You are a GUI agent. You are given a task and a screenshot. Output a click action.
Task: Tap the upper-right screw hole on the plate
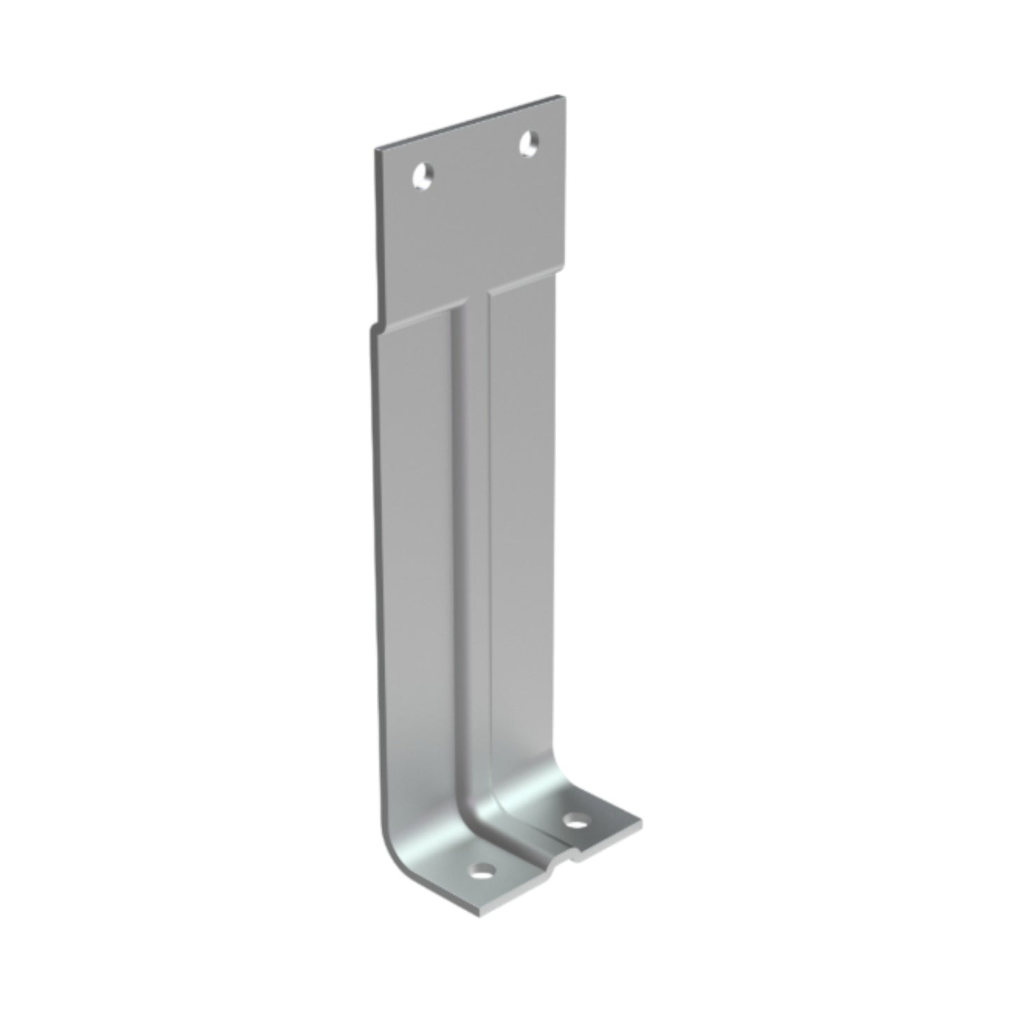coord(529,144)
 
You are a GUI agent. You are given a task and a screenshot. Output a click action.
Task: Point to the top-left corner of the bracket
coord(377,150)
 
